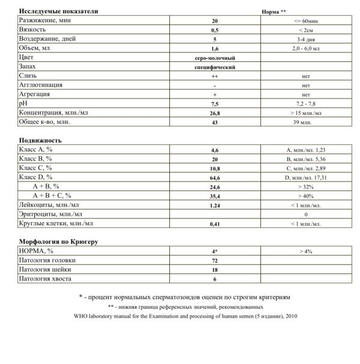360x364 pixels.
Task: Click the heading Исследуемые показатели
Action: click(x=50, y=11)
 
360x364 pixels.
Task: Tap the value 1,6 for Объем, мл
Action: click(x=214, y=48)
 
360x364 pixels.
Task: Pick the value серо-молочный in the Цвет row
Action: click(x=214, y=57)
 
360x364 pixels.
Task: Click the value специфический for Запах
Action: click(x=214, y=67)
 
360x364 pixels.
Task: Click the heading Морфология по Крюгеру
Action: click(x=58, y=241)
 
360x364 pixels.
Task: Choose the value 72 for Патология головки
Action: click(x=214, y=260)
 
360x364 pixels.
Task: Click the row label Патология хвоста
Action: click(x=46, y=279)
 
